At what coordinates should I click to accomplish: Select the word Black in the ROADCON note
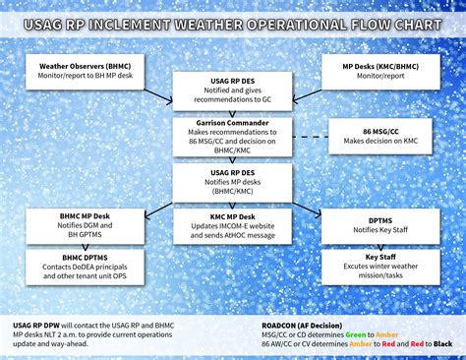[442, 343]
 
